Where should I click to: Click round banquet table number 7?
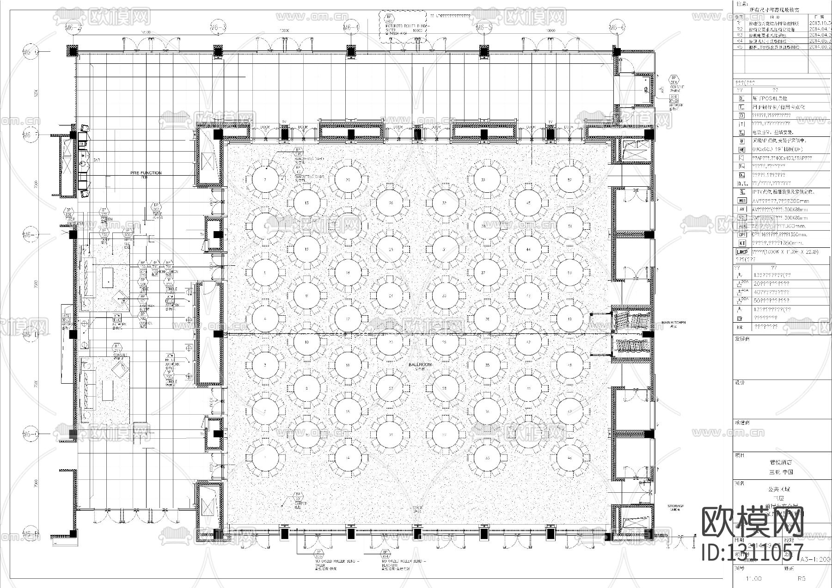265,180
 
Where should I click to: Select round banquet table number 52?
569,180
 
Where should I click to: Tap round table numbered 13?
306,203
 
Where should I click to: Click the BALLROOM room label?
420,365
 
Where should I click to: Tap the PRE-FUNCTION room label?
146,173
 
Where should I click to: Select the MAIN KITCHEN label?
673,322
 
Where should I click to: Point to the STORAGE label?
675,506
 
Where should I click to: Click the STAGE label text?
417,507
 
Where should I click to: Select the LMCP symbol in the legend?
742,251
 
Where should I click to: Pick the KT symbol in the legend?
742,242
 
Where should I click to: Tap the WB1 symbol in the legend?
742,201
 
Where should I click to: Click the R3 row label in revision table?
740,35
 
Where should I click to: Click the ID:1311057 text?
752,552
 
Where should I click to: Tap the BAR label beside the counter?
97,160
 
